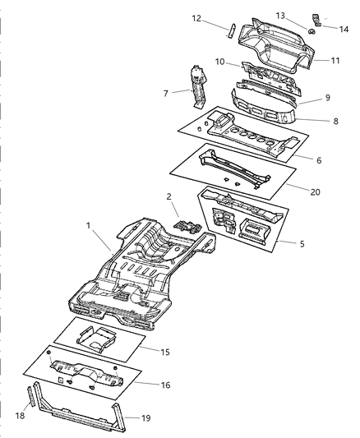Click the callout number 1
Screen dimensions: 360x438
[x=89, y=225]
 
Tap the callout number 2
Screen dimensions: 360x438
[x=168, y=196]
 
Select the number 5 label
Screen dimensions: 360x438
[x=302, y=243]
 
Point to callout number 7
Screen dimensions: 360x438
[x=166, y=94]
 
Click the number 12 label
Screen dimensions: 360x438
[x=196, y=18]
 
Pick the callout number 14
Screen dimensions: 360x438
[x=344, y=29]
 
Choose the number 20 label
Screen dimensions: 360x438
[x=315, y=192]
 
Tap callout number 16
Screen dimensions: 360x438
[x=165, y=385]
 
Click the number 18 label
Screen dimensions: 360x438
[x=20, y=416]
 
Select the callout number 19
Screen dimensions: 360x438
[x=145, y=418]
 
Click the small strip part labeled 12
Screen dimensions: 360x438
[x=231, y=31]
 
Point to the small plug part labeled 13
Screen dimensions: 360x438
[x=312, y=31]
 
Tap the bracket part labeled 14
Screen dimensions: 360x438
[x=316, y=21]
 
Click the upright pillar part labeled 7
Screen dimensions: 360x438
[x=198, y=86]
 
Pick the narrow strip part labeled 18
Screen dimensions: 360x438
[x=30, y=396]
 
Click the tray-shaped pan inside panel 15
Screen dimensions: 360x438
[x=97, y=339]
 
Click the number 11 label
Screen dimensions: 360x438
[x=335, y=60]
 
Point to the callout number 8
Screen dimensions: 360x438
[x=335, y=121]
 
